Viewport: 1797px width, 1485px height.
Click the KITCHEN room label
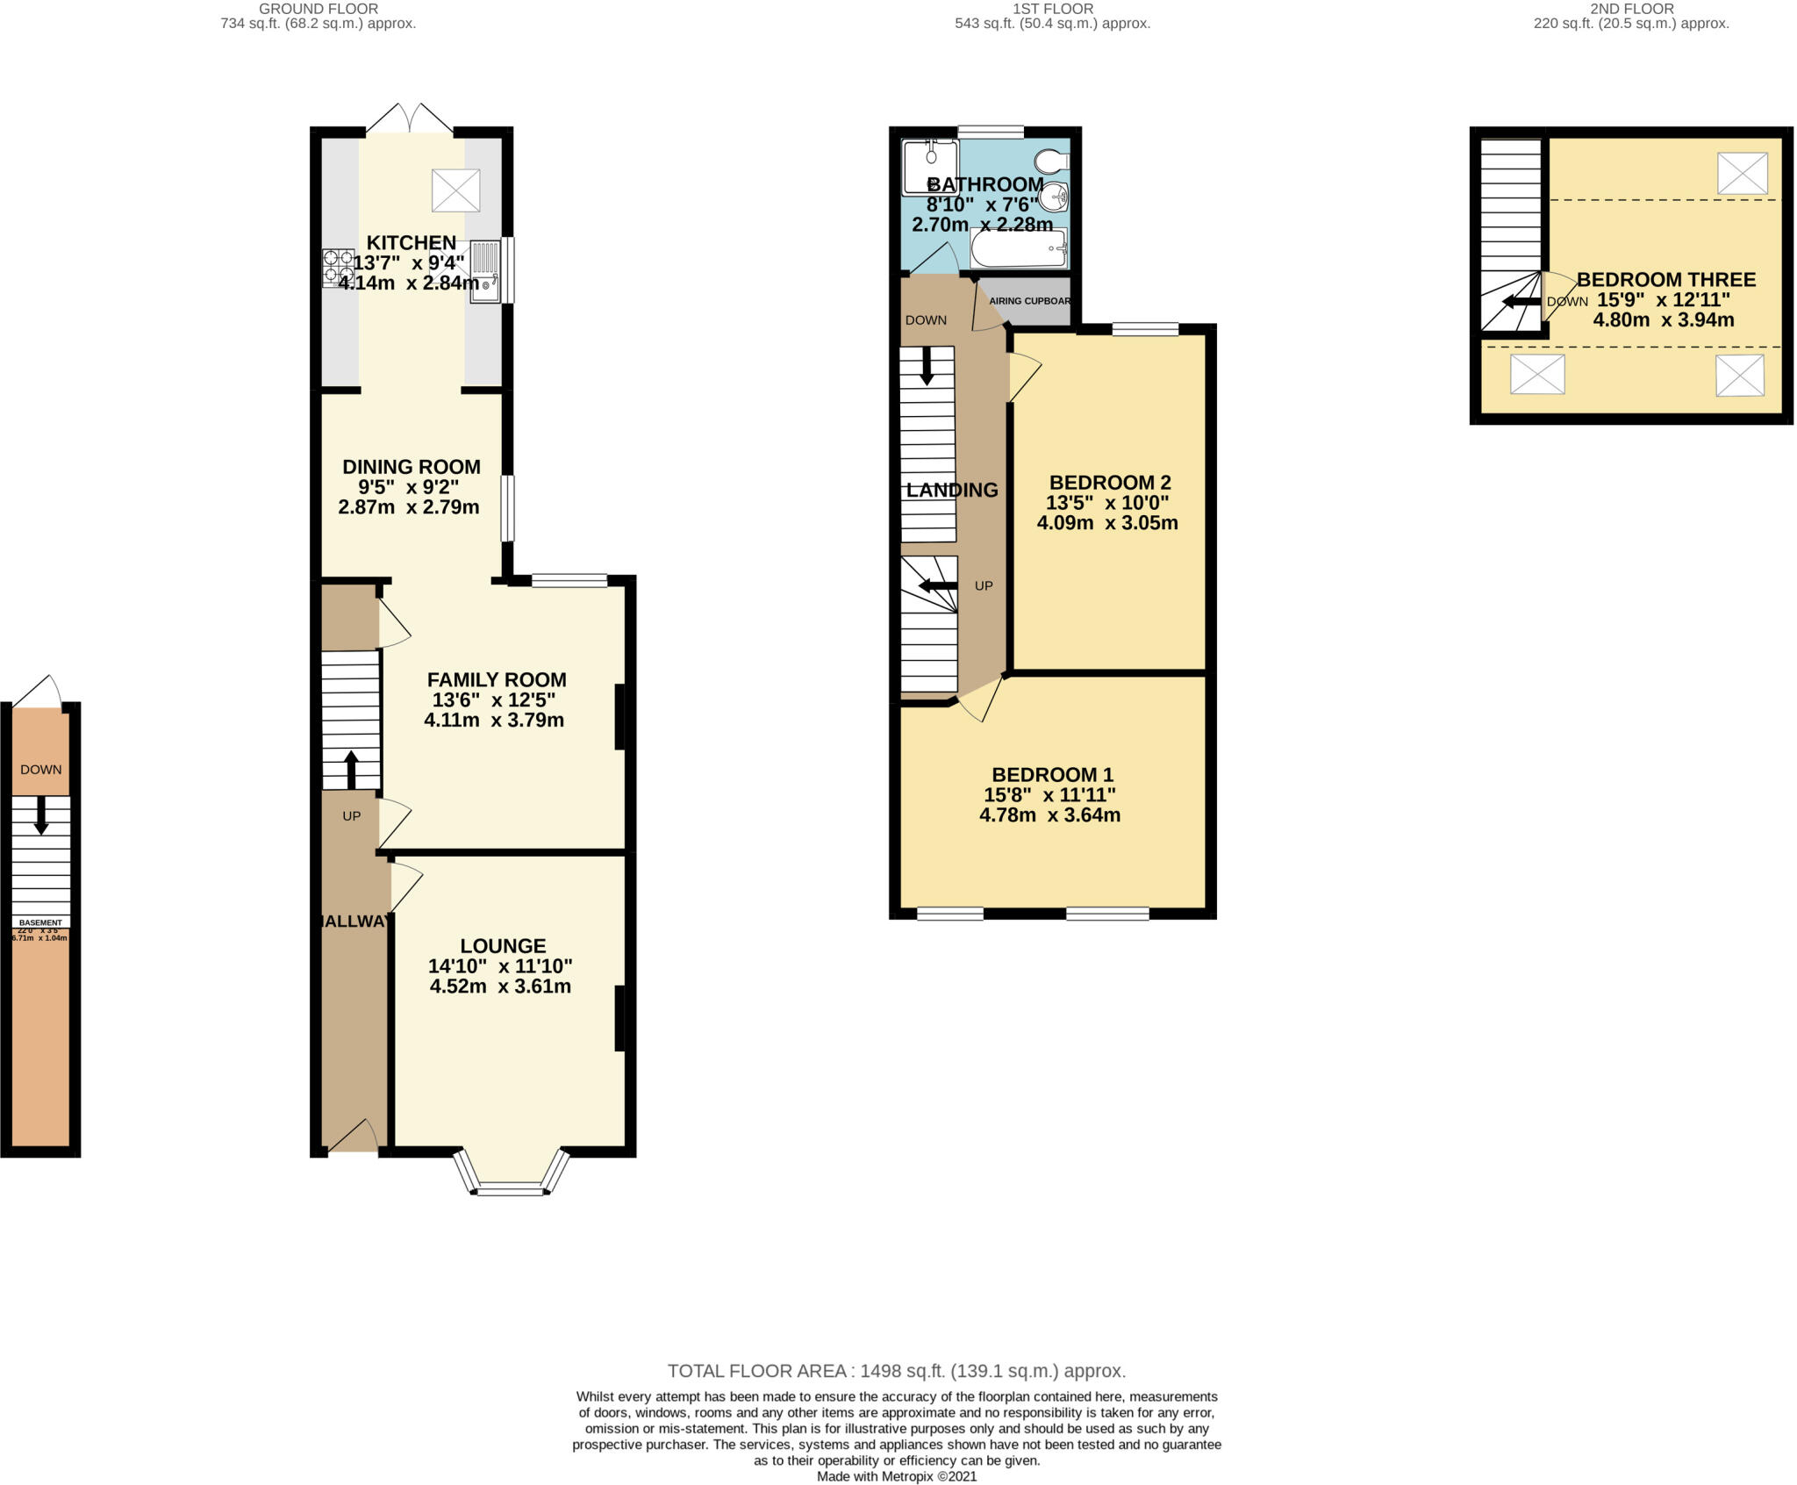coord(411,242)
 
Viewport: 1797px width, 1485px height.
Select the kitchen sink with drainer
coord(485,271)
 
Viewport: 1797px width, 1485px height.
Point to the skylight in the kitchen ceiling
coord(456,190)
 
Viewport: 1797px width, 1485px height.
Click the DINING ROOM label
coord(411,467)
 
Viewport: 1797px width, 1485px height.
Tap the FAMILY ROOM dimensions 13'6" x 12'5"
coord(494,700)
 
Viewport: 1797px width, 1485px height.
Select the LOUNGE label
coord(503,946)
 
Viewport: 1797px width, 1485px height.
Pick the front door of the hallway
coord(351,1137)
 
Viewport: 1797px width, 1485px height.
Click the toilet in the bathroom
coord(1050,161)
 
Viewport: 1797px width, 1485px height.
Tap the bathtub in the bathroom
coord(1018,248)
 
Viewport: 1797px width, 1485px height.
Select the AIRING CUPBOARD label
coord(1029,301)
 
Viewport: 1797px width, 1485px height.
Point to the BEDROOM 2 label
coord(1110,483)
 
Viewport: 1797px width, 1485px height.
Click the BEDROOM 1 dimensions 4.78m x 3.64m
coord(1049,815)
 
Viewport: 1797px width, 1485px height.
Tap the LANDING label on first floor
coord(952,491)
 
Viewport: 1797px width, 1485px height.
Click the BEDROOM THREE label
coord(1666,280)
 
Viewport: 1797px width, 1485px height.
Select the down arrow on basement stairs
coord(40,815)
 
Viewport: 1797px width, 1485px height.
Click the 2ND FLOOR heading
coord(1632,9)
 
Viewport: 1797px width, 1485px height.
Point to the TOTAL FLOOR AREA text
coord(896,1371)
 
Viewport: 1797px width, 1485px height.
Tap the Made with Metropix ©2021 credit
coord(896,1476)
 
